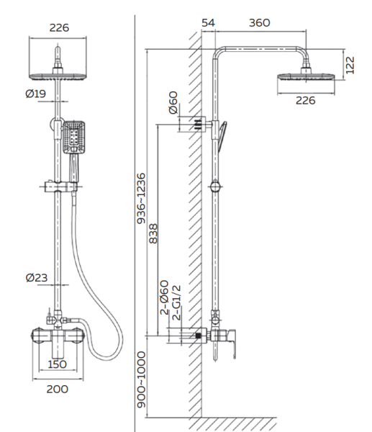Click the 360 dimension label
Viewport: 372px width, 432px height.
[x=259, y=23]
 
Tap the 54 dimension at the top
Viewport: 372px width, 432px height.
[x=208, y=23]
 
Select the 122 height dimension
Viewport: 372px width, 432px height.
[x=350, y=66]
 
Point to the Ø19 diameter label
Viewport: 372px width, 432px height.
[x=35, y=94]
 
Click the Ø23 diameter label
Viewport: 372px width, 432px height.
[x=37, y=277]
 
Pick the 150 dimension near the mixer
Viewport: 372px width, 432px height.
[x=57, y=364]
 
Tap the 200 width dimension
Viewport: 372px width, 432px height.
[x=57, y=389]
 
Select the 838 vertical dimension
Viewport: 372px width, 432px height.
[x=153, y=233]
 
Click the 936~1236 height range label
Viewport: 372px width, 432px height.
[x=141, y=199]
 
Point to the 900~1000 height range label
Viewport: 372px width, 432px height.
[x=141, y=379]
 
